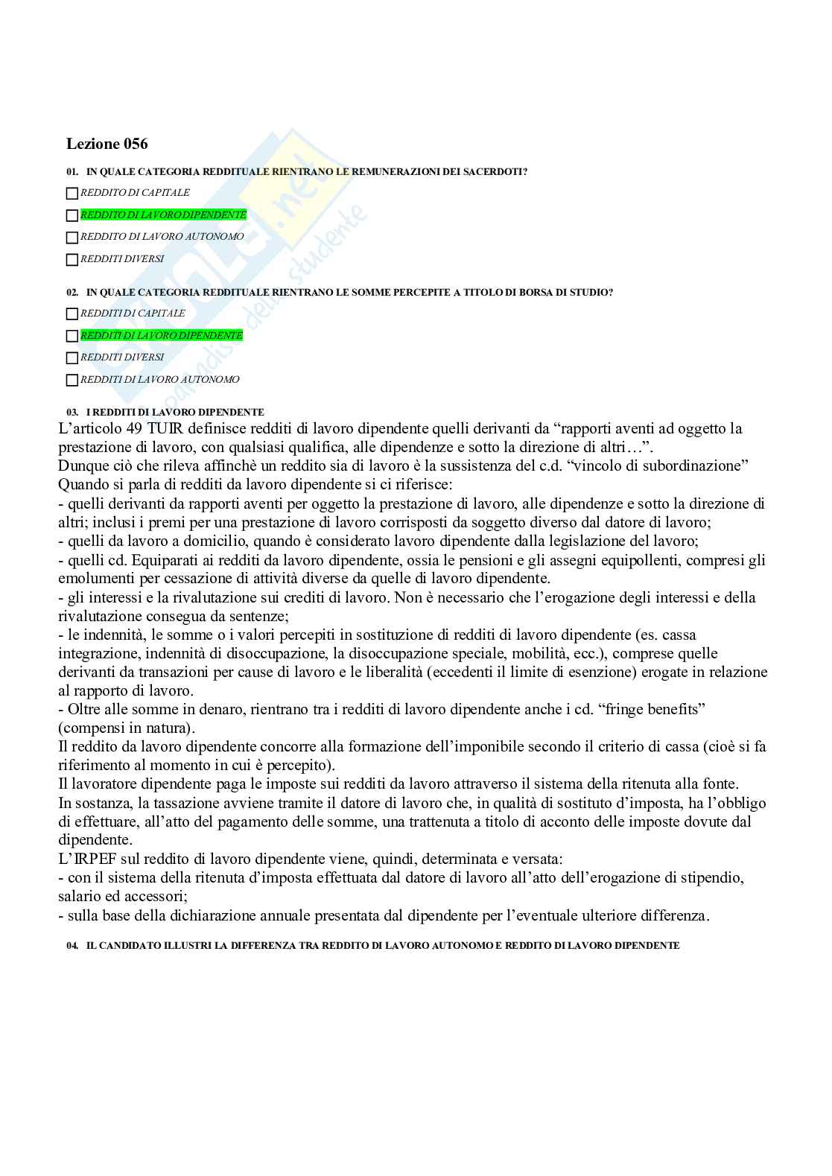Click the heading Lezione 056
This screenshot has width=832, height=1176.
click(107, 144)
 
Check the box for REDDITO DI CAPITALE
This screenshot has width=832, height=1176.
click(72, 194)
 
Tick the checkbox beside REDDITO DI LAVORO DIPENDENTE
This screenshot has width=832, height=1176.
click(72, 216)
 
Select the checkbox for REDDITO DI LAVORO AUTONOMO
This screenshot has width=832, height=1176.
click(72, 238)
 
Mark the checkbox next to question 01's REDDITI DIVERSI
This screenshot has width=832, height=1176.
click(72, 260)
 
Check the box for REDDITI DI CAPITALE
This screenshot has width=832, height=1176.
click(72, 314)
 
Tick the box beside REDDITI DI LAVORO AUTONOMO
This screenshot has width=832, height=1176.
click(72, 381)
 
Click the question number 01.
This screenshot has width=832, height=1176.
click(72, 172)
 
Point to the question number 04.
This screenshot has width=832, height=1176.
click(72, 945)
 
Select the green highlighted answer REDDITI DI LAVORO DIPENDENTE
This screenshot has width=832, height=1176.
click(162, 336)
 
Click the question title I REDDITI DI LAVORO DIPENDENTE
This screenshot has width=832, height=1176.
click(175, 412)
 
